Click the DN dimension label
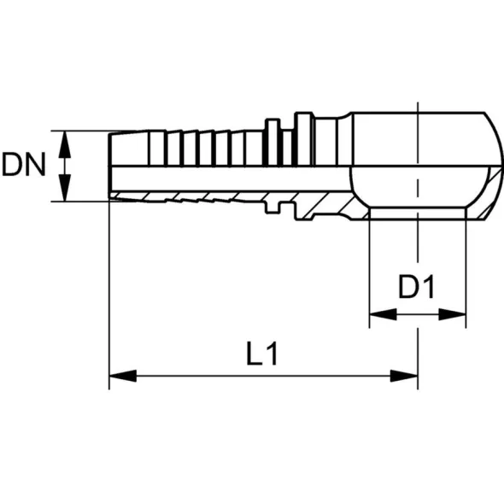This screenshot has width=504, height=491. pos(23,165)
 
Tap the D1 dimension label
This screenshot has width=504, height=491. pos(417,286)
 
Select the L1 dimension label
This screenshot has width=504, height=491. pos(261,354)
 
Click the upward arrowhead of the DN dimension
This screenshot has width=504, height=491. pos(65,144)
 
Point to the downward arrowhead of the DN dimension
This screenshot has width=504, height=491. pos(65,188)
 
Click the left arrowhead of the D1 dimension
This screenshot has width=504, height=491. pos(384,314)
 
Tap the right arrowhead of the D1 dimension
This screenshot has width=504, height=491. pos(452,314)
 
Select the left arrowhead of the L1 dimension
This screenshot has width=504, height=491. pos(123,376)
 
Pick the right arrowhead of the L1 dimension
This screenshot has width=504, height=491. pos(404,376)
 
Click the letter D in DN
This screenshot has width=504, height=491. pos(12,165)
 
